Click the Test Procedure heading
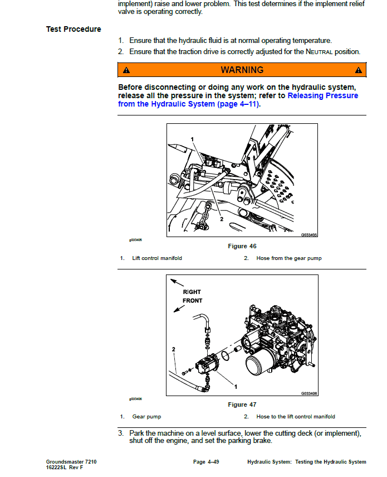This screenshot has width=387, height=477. [74, 29]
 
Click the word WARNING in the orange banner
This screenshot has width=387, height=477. [242, 70]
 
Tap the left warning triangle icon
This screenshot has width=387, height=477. [126, 70]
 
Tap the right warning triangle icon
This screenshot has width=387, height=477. [358, 70]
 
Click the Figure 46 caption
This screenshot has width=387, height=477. [242, 246]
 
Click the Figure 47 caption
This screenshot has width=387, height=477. [242, 404]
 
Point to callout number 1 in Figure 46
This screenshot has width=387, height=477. [192, 139]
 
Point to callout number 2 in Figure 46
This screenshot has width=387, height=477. [222, 219]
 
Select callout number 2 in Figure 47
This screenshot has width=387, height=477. [174, 349]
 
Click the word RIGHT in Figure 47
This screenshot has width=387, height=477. [192, 292]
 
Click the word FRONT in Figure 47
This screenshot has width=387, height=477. [192, 301]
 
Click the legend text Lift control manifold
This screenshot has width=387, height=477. [156, 258]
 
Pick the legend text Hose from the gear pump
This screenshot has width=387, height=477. [288, 258]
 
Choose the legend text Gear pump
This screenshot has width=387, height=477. [146, 417]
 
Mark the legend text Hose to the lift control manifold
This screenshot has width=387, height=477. [295, 417]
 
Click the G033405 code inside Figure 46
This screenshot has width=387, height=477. [309, 235]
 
